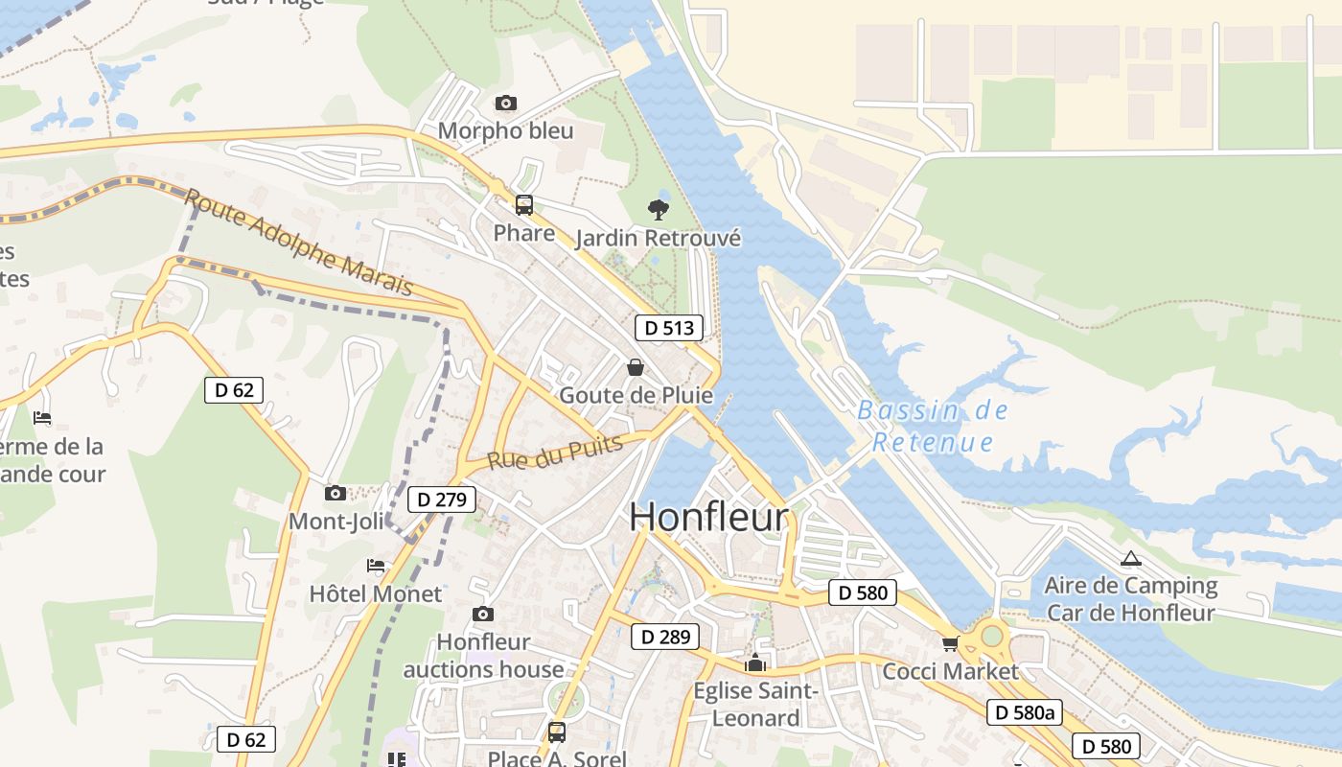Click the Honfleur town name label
(x=709, y=518)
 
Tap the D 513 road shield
(x=669, y=328)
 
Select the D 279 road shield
(x=442, y=500)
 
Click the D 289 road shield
(x=665, y=637)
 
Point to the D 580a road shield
(x=1025, y=712)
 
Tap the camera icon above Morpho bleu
(x=505, y=103)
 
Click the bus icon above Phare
(x=523, y=204)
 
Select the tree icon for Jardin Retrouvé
(x=658, y=209)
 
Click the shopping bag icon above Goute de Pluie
(x=635, y=367)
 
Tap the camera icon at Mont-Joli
(x=335, y=493)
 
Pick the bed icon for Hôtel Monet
(x=376, y=566)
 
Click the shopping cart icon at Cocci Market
(x=950, y=643)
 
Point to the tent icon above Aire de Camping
(x=1131, y=558)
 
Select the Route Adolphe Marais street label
(x=298, y=243)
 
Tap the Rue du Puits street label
(x=555, y=451)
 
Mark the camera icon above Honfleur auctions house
(x=483, y=614)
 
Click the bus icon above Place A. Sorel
(x=556, y=732)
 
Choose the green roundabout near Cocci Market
(x=992, y=636)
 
